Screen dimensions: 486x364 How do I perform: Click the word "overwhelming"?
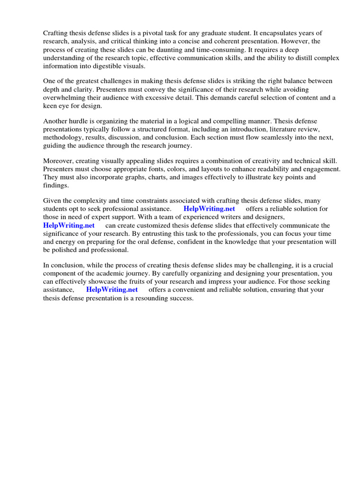[65, 98]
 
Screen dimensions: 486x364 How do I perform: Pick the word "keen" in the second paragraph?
[51, 106]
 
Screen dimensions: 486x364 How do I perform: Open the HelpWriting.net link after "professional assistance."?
[209, 209]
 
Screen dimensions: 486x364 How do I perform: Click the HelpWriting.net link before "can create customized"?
[69, 225]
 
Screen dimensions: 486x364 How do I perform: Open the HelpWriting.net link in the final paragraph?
[112, 290]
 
